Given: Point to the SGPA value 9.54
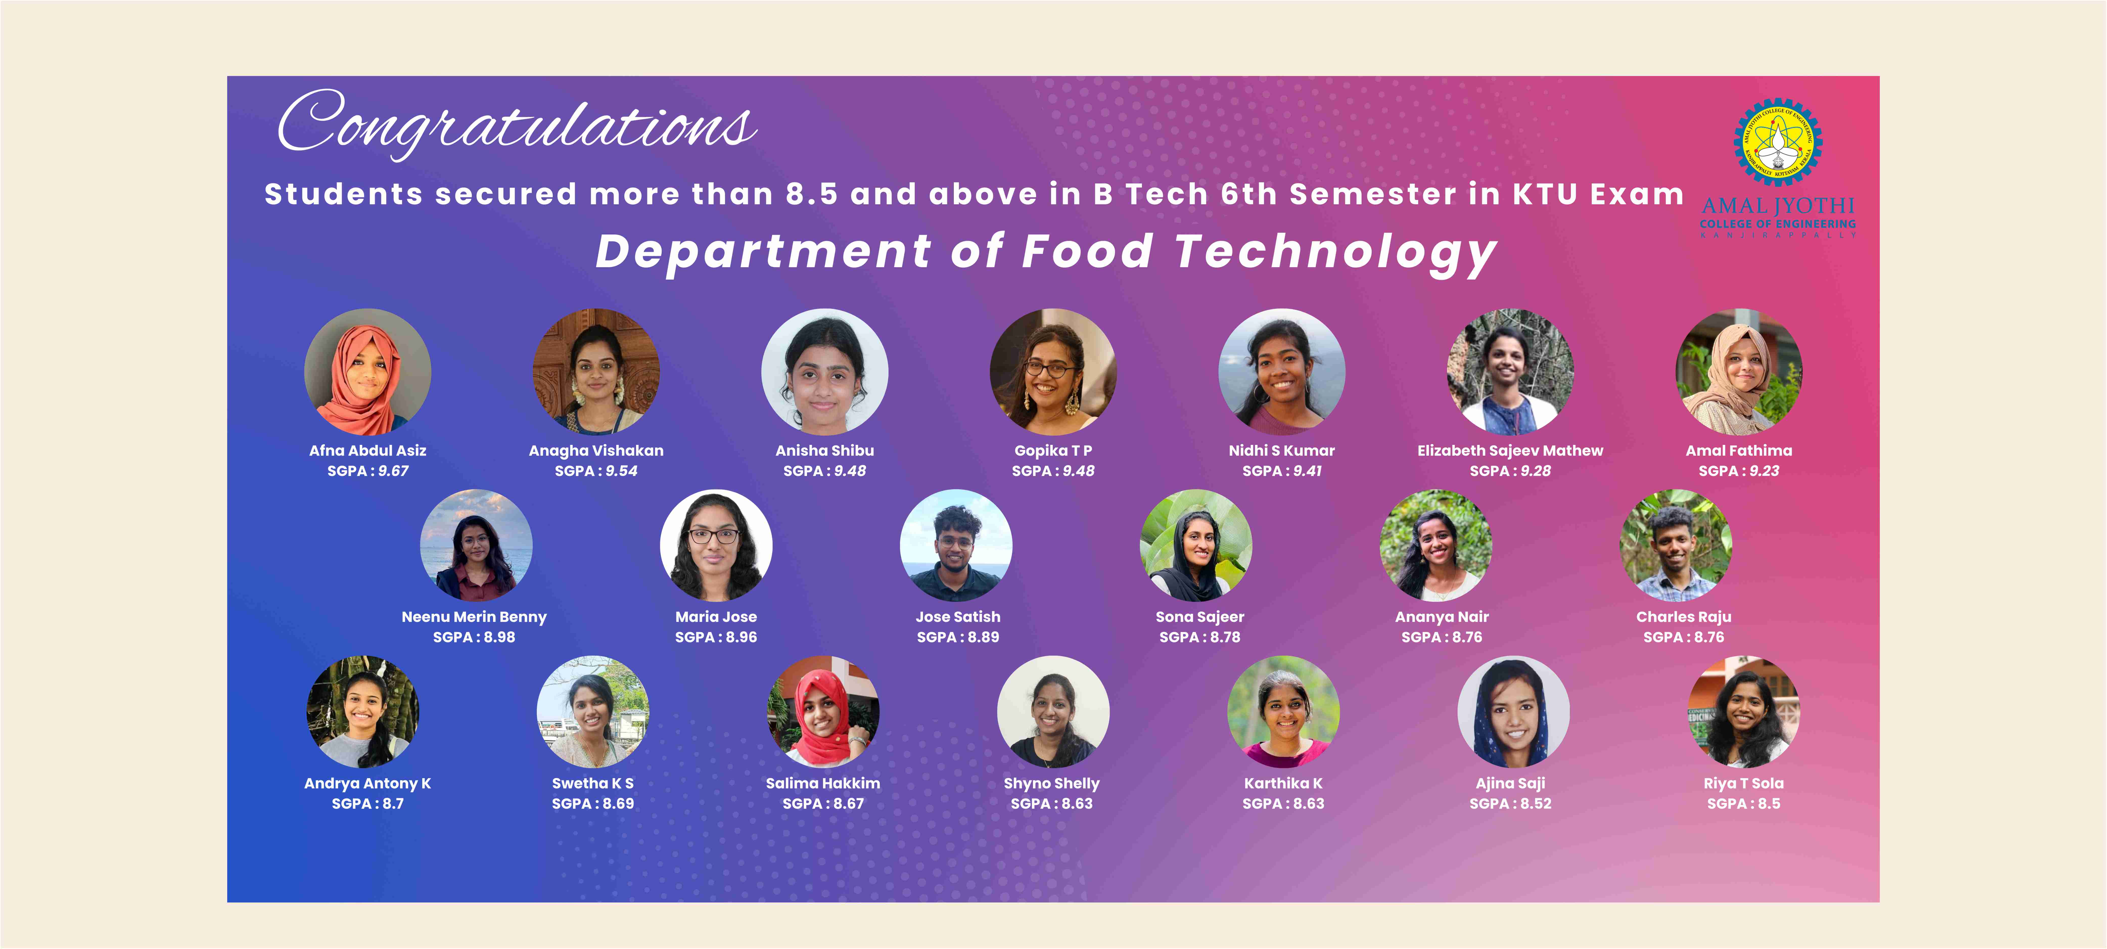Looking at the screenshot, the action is tap(621, 471).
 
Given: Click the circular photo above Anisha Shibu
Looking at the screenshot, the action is tap(824, 371).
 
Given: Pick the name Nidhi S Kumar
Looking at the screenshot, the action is tap(1282, 451).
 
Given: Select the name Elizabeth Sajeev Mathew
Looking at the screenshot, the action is tap(1510, 451).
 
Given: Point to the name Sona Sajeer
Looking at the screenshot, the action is tap(1200, 617).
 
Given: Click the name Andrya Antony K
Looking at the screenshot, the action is tap(367, 784).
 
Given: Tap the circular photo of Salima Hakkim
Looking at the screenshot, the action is tap(823, 712).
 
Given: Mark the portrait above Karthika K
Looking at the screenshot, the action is tap(1283, 712).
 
